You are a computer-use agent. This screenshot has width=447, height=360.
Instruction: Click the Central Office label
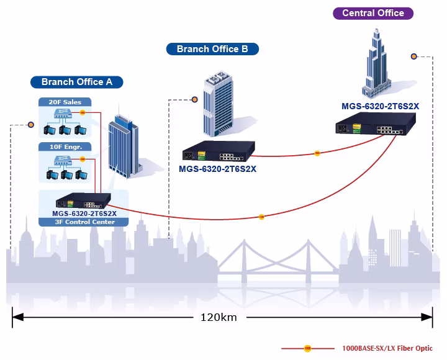[373, 13]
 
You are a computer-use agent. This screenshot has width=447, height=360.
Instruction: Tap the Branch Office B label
[212, 49]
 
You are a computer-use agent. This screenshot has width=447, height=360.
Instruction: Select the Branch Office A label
[77, 82]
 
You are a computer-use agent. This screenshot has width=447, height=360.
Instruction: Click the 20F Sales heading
[65, 102]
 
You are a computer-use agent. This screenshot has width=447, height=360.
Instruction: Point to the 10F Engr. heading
[66, 147]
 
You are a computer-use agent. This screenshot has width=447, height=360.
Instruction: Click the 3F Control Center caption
[84, 222]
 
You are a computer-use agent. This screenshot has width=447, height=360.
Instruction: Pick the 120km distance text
[219, 317]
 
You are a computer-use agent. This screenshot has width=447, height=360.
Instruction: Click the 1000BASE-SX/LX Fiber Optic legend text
[387, 348]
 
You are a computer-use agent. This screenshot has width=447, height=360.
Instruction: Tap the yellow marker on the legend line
[307, 348]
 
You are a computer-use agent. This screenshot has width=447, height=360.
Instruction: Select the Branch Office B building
[218, 104]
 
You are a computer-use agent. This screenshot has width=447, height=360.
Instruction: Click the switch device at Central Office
[376, 124]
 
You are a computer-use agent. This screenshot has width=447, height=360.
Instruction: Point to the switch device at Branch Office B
[219, 151]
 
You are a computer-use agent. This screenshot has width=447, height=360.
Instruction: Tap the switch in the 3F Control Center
[83, 200]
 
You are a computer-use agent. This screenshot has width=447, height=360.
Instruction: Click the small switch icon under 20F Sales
[63, 114]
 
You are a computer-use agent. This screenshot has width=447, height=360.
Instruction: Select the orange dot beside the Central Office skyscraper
[413, 56]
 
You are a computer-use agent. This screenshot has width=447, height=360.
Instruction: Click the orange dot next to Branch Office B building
[194, 99]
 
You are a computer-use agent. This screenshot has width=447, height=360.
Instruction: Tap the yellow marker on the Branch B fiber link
[317, 153]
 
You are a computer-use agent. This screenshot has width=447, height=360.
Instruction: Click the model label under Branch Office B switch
[217, 169]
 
